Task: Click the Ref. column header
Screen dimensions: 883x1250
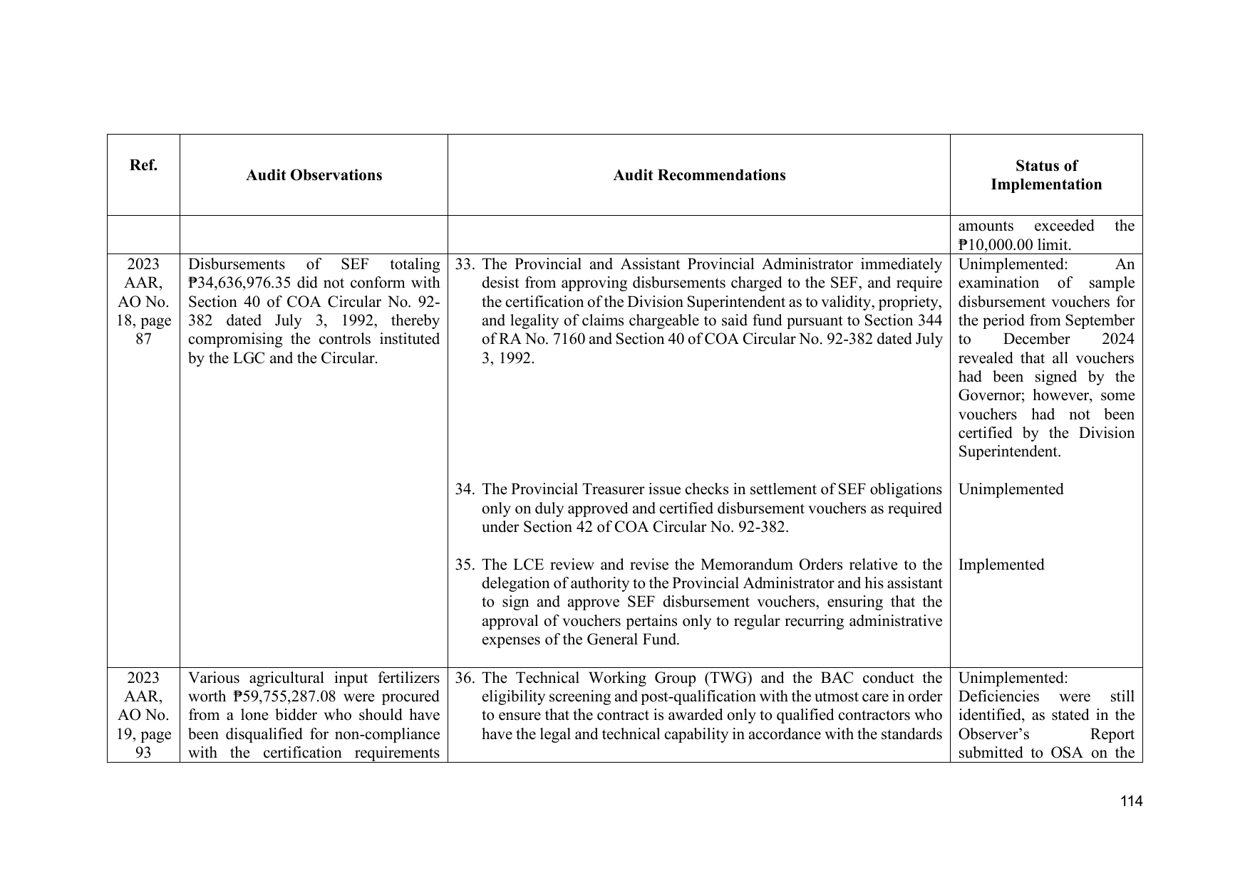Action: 143,166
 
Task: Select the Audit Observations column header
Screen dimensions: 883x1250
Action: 314,175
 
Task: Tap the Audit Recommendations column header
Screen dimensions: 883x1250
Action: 699,175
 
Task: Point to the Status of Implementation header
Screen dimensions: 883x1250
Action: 1045,175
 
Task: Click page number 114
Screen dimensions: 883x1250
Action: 1131,802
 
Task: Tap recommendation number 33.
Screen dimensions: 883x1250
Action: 465,264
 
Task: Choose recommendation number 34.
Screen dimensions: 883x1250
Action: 465,489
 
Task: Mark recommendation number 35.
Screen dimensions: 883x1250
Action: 465,565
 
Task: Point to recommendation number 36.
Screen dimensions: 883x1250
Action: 465,678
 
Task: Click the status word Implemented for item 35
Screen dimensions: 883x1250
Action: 1001,565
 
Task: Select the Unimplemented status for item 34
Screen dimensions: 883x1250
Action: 1011,489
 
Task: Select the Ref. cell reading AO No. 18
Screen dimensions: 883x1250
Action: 143,302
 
